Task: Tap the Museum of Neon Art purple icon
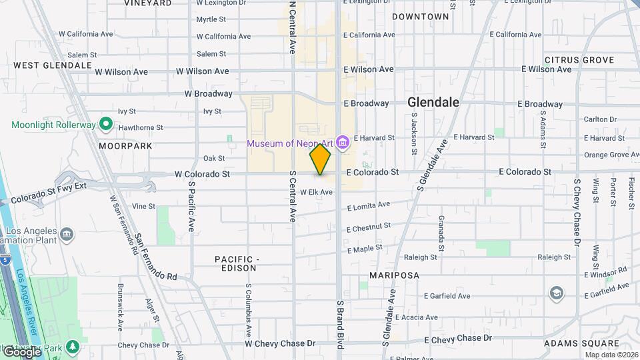pyautogui.click(x=343, y=142)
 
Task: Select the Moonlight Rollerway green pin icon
pyautogui.click(x=105, y=124)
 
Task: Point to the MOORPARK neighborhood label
pyautogui.click(x=125, y=145)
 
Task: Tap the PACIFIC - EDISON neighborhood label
pyautogui.click(x=235, y=263)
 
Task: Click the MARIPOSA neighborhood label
pyautogui.click(x=395, y=275)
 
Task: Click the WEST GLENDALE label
pyautogui.click(x=53, y=65)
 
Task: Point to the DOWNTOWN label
pyautogui.click(x=420, y=16)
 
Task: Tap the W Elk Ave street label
pyautogui.click(x=316, y=192)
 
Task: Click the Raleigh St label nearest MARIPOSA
pyautogui.click(x=420, y=257)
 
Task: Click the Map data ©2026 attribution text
pyautogui.click(x=611, y=354)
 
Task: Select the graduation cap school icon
pyautogui.click(x=555, y=293)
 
